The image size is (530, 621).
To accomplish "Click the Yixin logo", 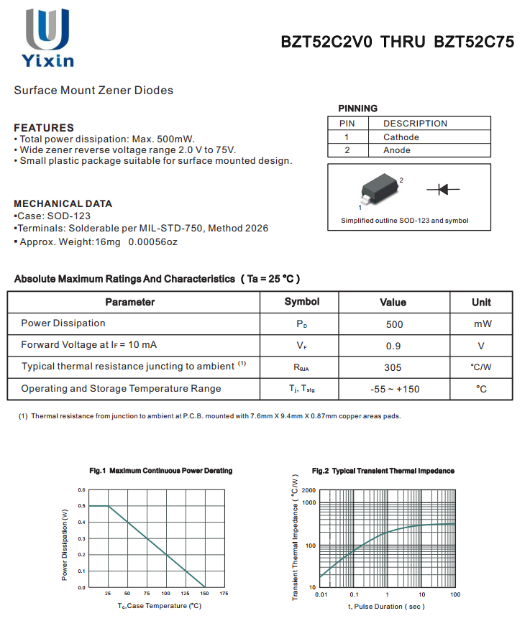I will (49, 37).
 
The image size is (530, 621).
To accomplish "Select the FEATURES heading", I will (44, 127).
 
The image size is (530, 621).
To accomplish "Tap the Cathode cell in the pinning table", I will (401, 137).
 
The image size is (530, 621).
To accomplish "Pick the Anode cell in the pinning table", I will (397, 150).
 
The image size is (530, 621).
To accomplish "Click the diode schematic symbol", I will (443, 189).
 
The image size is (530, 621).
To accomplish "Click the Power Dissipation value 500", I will (394, 324).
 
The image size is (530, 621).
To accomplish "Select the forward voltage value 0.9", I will (394, 346).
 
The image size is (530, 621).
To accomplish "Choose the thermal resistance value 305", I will (393, 367).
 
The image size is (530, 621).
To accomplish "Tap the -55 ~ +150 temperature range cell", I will (394, 389).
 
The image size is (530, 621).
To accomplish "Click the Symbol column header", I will (302, 302).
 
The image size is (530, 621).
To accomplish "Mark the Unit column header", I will (481, 302).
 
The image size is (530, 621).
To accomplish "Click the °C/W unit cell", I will (481, 367).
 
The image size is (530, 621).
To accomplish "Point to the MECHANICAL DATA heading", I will (63, 203).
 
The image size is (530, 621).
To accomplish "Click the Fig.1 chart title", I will (161, 471).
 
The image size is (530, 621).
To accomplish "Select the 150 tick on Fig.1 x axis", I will (205, 594).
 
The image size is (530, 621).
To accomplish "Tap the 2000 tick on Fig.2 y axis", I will (309, 490).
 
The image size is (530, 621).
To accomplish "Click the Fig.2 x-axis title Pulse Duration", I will (387, 607).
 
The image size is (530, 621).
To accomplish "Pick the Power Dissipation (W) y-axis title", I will (65, 545).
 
